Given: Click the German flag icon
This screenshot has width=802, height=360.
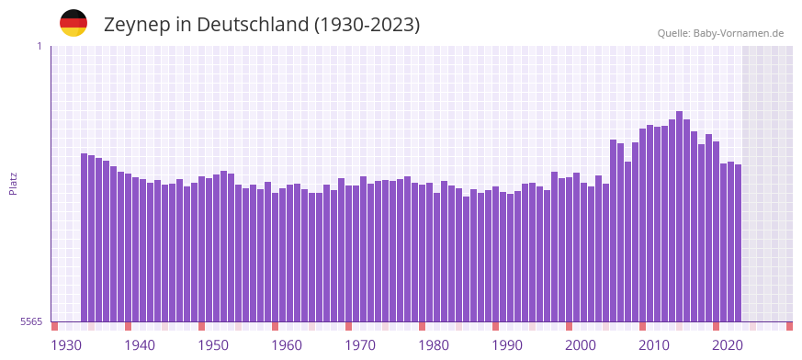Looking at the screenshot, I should [73, 24].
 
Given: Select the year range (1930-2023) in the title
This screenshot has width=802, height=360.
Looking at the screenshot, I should [367, 25].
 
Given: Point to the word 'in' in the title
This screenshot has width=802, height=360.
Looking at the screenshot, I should [181, 25].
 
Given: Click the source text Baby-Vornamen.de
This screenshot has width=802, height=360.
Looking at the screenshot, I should [740, 33].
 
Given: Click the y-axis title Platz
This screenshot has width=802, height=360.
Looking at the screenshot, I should [14, 183].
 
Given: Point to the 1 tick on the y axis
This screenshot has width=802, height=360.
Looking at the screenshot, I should [39, 46].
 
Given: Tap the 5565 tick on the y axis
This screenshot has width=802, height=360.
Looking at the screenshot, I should [30, 321].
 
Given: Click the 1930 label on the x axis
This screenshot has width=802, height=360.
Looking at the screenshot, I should [66, 345].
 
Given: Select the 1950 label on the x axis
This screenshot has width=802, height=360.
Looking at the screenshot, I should [213, 345].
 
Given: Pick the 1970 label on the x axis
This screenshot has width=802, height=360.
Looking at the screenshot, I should [360, 345].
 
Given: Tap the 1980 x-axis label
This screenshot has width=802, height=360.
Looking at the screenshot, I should [434, 345].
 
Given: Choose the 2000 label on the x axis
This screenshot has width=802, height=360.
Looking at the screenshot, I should [581, 345].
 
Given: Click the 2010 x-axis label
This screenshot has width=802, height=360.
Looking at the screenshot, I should [654, 345].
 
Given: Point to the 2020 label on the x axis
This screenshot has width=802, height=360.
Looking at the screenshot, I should [728, 345].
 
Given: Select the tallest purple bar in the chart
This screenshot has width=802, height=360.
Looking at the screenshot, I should [679, 216].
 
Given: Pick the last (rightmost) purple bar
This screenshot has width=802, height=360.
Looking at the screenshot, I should [738, 242].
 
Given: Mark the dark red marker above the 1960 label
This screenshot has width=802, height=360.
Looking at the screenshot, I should [275, 326].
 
